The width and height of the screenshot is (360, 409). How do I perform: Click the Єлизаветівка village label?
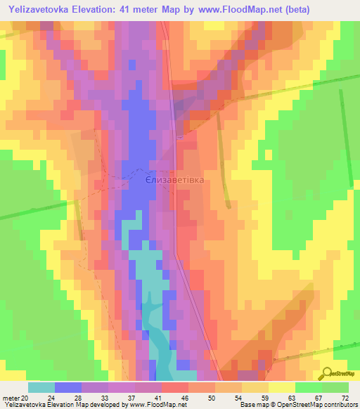click(174, 181)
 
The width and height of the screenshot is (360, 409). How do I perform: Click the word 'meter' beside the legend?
click(9, 398)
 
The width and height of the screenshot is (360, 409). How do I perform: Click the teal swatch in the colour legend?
click(41, 387)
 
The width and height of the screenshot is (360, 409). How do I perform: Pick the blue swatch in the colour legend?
click(68, 387)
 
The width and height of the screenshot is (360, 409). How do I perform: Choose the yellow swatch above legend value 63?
click(282, 387)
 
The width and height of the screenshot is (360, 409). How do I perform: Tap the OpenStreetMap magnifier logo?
click(328, 374)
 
